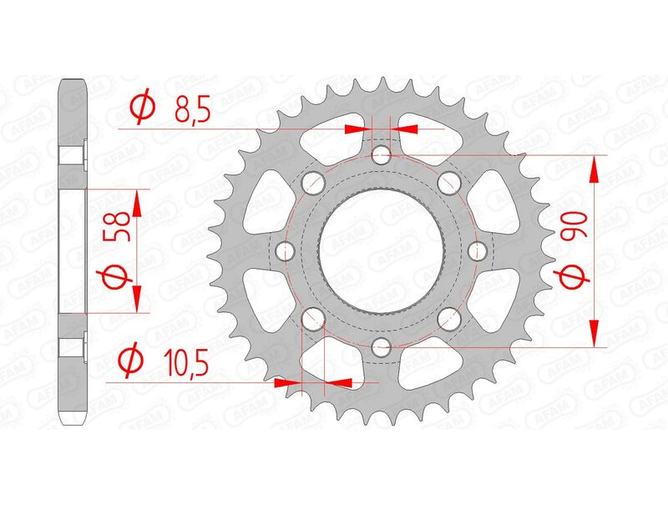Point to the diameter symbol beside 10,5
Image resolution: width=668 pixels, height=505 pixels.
pos(130,362)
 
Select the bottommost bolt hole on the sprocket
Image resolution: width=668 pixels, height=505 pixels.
pos(382,346)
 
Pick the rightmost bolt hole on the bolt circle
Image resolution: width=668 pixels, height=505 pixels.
pos(478,250)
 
